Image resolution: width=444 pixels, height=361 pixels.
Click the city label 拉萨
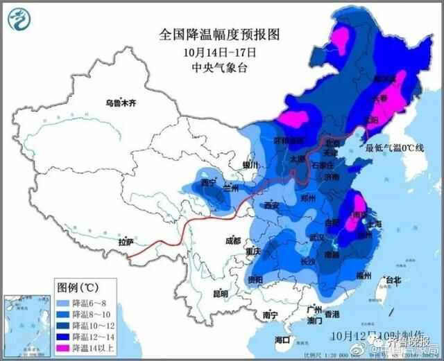coord(126,242)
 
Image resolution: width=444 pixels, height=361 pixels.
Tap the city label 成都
coord(232,240)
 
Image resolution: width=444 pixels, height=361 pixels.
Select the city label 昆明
coord(220,293)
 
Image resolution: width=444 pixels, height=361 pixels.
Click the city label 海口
coord(282,340)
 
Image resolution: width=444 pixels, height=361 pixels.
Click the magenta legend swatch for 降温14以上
coord(66,346)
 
